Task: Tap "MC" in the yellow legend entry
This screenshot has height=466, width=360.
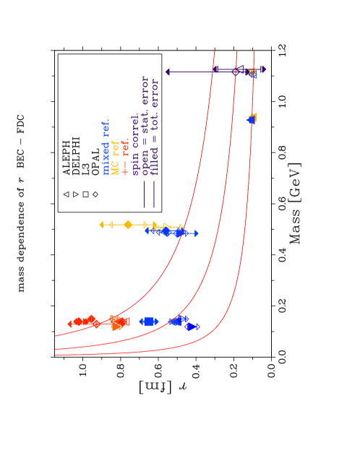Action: [115, 169]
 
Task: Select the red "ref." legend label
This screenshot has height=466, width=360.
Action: [126, 147]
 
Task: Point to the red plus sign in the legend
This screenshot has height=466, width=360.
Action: [125, 170]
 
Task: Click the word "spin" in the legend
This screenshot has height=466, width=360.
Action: [135, 166]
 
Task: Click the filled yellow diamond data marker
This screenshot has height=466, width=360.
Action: [128, 225]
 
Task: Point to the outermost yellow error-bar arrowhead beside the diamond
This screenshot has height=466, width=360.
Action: [101, 225]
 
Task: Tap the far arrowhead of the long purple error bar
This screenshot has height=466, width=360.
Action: [168, 72]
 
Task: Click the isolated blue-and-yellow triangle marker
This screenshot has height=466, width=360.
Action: [252, 118]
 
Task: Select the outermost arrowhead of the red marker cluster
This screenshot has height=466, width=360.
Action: [70, 324]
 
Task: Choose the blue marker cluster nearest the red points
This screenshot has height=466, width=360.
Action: [148, 322]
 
